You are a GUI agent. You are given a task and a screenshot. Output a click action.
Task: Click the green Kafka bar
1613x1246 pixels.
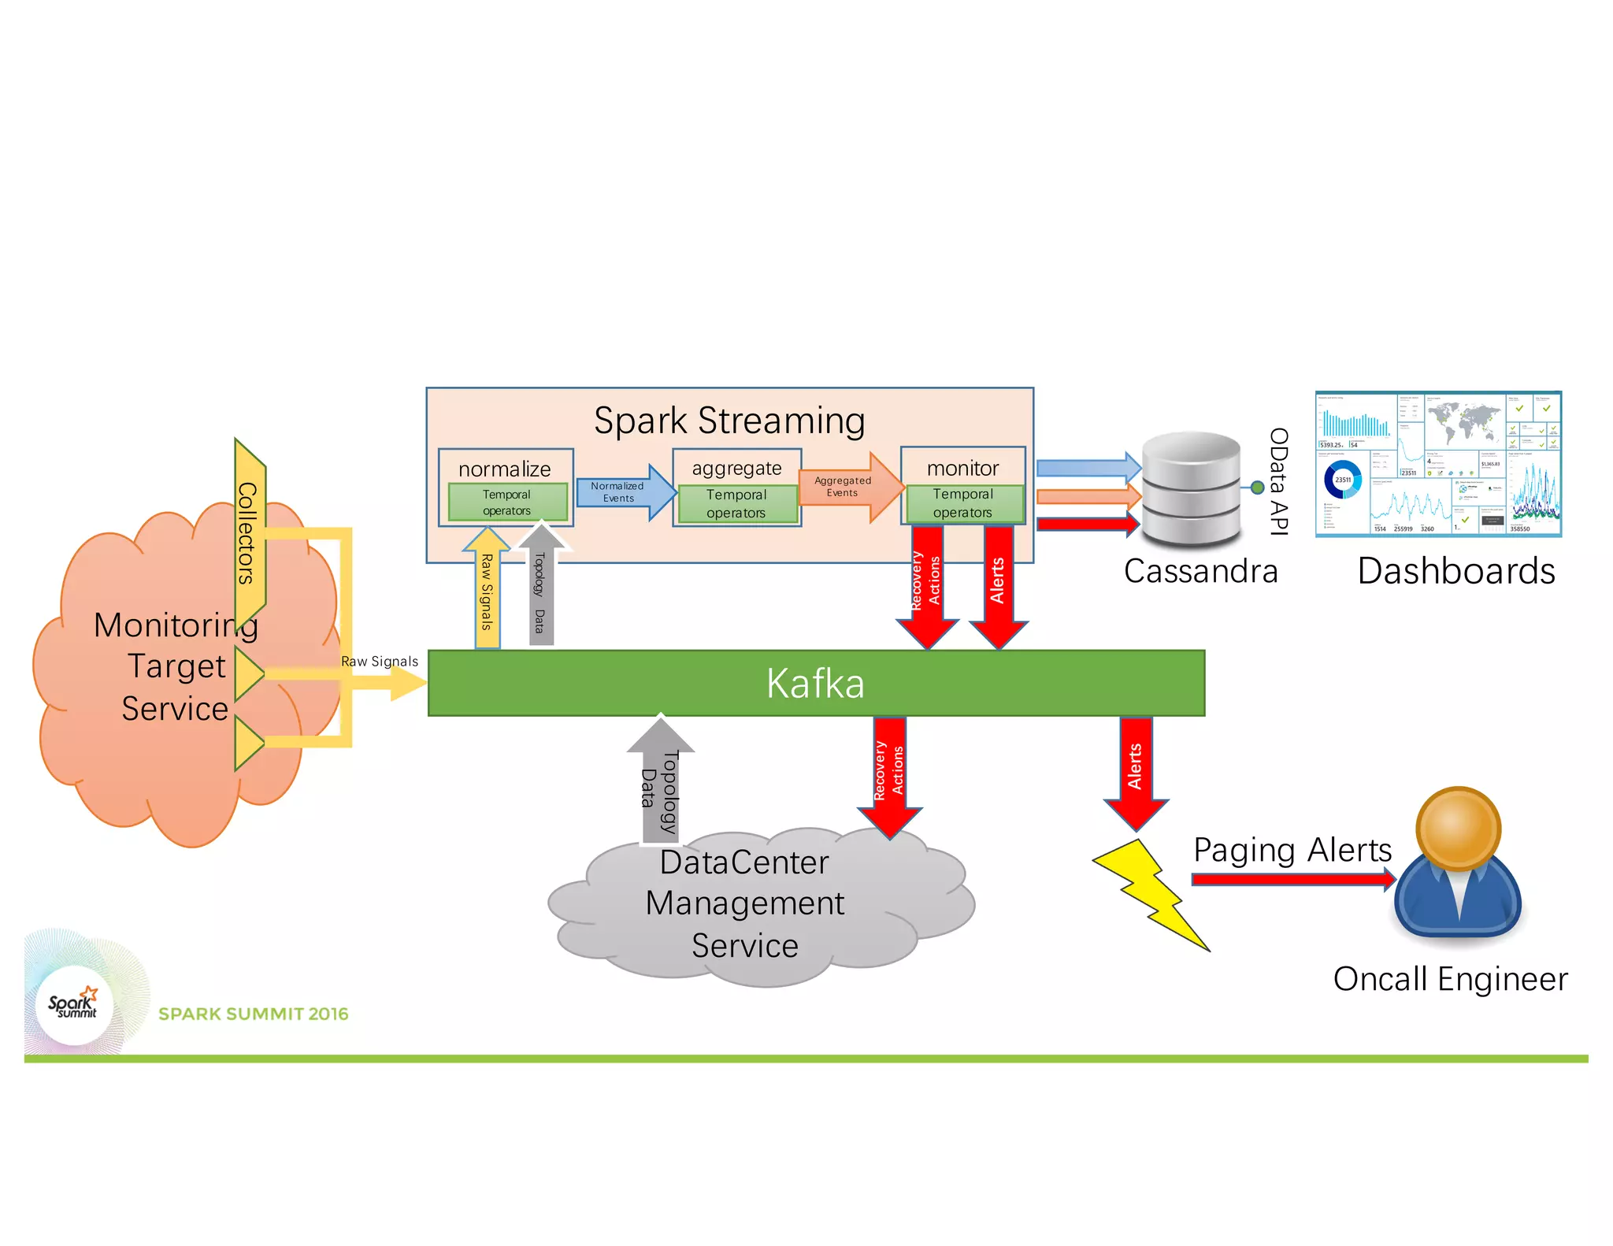[x=816, y=683]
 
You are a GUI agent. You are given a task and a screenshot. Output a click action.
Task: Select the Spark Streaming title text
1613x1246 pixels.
[x=729, y=421]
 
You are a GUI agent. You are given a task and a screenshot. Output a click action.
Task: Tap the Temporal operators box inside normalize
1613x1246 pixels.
[x=507, y=502]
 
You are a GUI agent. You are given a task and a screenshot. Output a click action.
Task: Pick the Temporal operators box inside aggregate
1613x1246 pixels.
[x=736, y=503]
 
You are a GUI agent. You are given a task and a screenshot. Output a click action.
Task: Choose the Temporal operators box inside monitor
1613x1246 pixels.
[x=963, y=503]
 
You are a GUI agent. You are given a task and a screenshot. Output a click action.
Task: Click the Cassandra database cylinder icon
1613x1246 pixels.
[x=1190, y=489]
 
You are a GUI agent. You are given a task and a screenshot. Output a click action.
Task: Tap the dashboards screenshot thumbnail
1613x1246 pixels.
[x=1438, y=465]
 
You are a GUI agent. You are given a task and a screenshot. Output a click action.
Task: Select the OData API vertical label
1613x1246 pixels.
[x=1278, y=481]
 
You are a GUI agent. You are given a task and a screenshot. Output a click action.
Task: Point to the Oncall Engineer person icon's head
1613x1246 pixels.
[x=1458, y=828]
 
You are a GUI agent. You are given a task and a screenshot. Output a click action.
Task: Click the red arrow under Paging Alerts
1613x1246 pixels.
[x=1292, y=879]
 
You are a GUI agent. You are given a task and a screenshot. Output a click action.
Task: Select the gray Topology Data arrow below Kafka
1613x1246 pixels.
[x=660, y=780]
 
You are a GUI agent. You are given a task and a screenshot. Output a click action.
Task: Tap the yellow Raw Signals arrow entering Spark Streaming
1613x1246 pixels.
[x=487, y=591]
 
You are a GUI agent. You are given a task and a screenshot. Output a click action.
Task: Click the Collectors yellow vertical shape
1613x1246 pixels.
[x=249, y=535]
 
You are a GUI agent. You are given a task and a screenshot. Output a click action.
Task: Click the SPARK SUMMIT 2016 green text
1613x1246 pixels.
[x=253, y=1014]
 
